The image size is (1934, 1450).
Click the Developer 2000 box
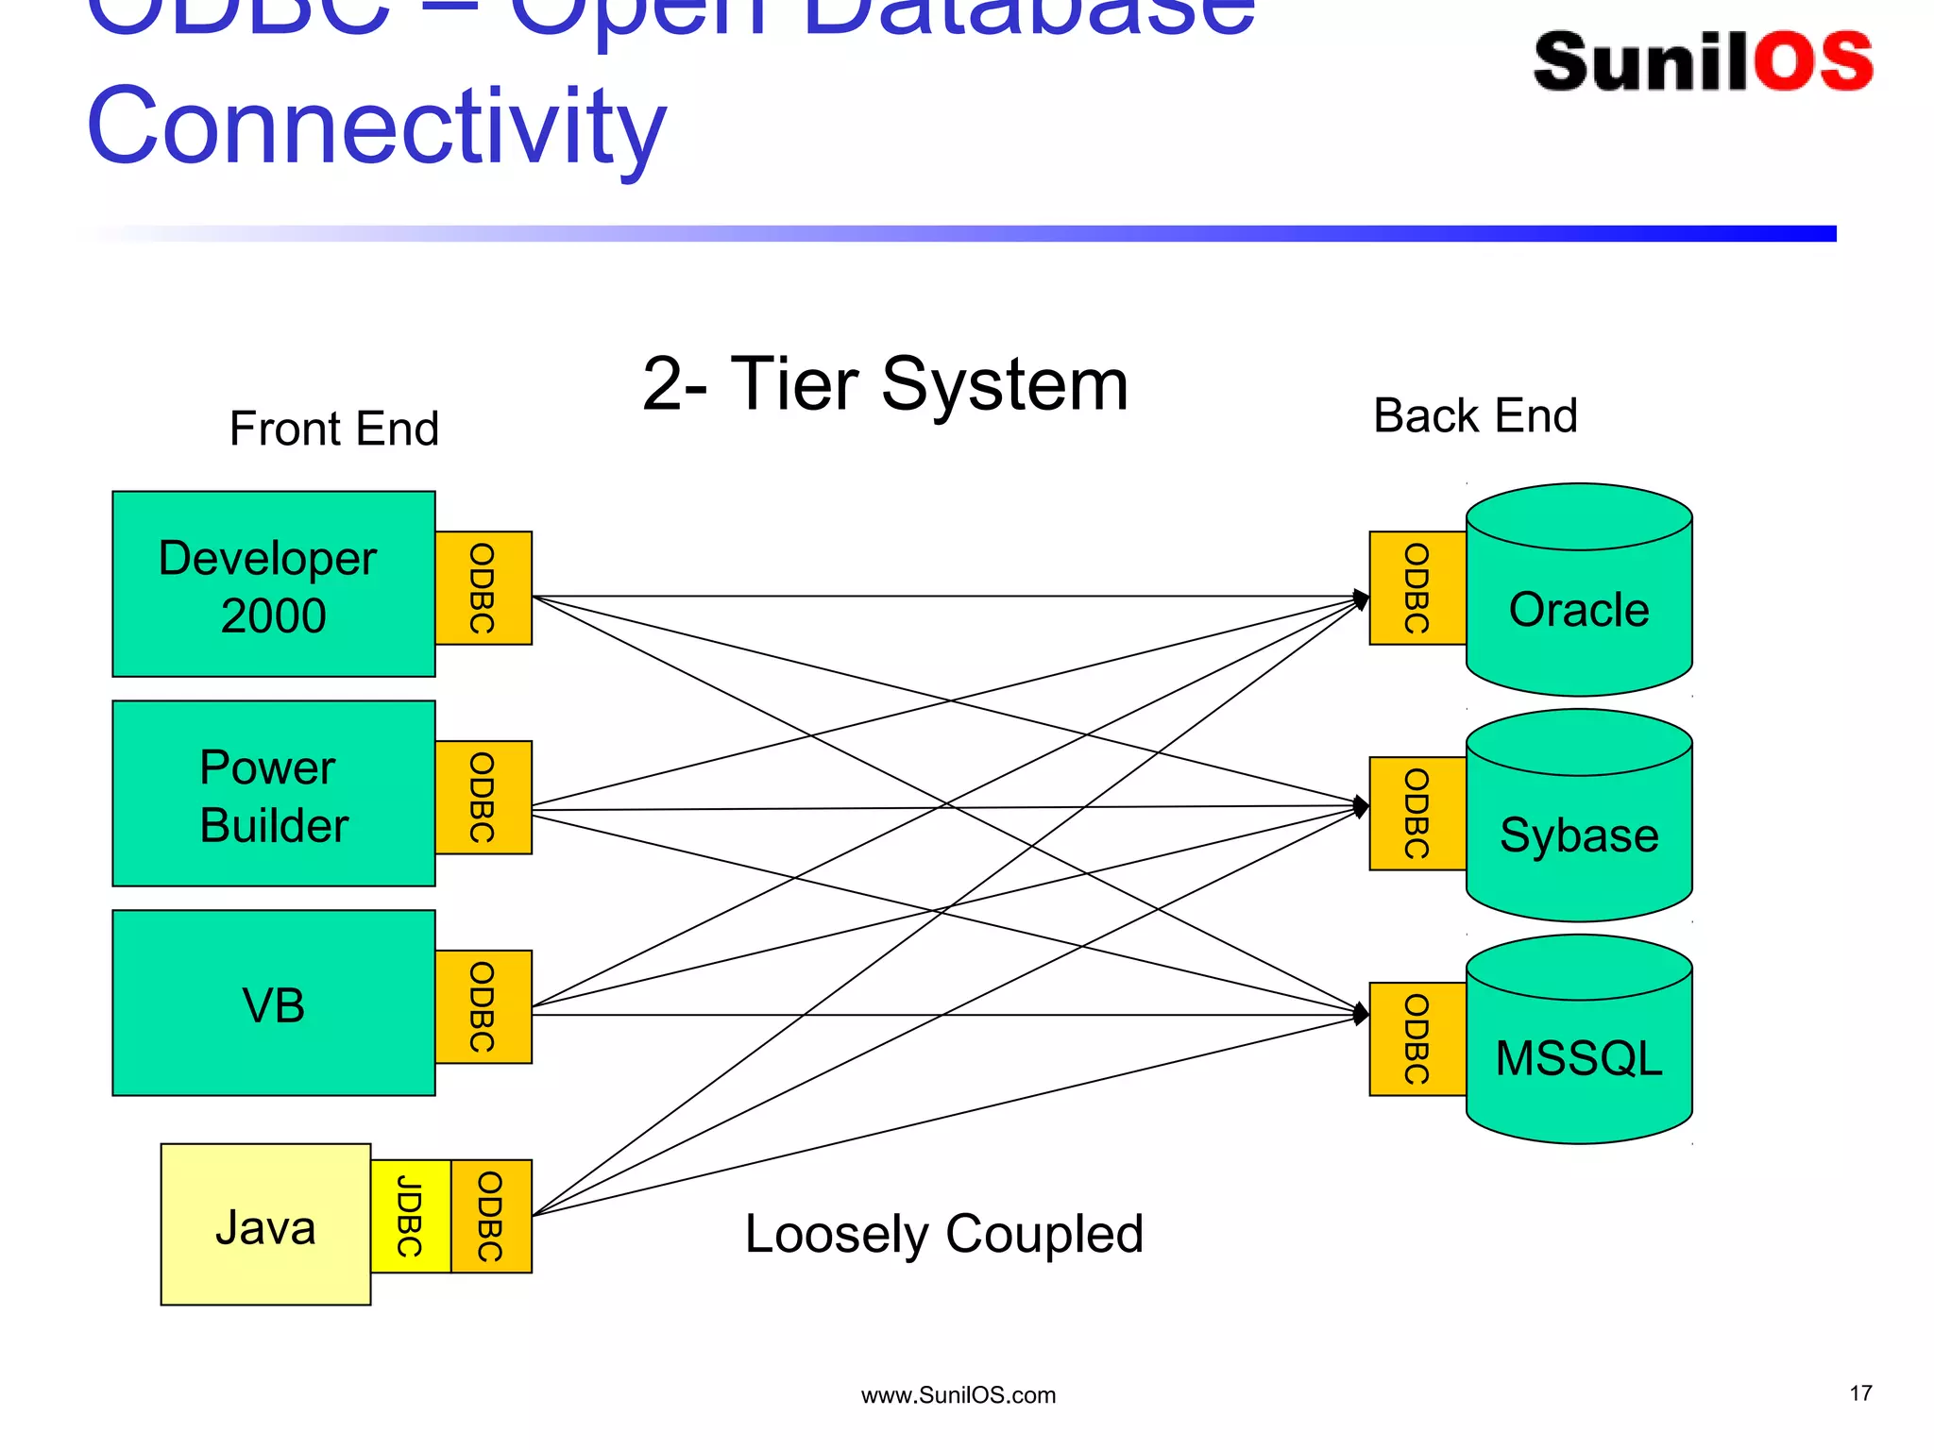[x=273, y=584]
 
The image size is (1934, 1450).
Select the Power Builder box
[x=273, y=794]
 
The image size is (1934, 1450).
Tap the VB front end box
[x=273, y=1003]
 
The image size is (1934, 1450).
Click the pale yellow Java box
[x=265, y=1225]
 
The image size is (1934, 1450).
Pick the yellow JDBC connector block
[x=410, y=1217]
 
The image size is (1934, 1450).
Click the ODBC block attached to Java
[x=491, y=1217]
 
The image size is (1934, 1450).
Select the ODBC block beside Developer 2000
[x=483, y=588]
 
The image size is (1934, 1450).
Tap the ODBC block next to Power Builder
[x=483, y=798]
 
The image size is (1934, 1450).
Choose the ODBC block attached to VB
[x=483, y=1007]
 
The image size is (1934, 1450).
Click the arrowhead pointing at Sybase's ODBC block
[x=1361, y=806]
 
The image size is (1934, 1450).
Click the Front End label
[x=334, y=430]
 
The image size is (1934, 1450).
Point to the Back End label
[x=1475, y=416]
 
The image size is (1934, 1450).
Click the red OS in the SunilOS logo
[x=1814, y=62]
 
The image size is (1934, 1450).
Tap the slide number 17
[x=1860, y=1393]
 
